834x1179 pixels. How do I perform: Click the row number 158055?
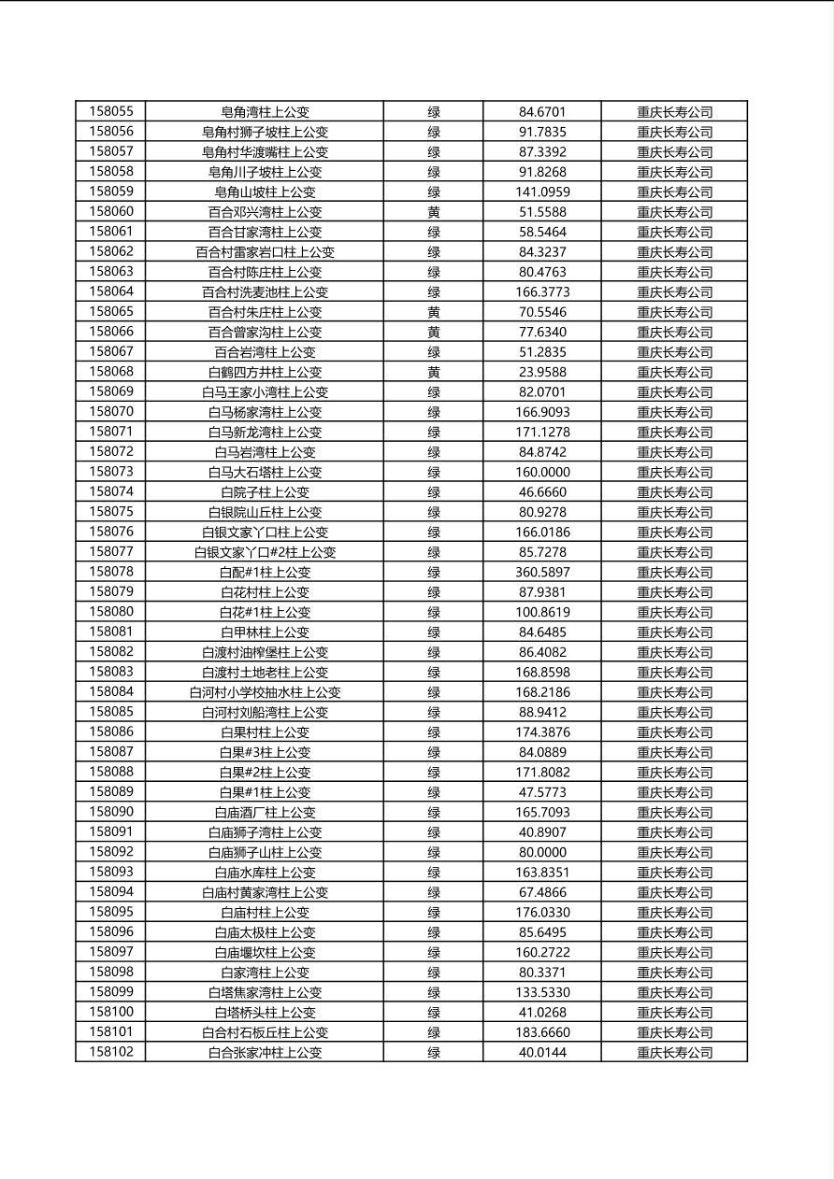[111, 111]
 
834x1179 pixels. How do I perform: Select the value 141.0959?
[542, 192]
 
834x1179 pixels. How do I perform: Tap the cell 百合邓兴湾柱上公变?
[265, 212]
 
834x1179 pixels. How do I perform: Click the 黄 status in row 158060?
[434, 212]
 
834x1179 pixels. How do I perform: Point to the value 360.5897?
[542, 572]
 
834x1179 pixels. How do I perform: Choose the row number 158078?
[111, 572]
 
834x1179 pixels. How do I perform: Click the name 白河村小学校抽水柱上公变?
[265, 692]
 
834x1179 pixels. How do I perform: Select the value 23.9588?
[542, 372]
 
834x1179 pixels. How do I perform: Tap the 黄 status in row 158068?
[434, 372]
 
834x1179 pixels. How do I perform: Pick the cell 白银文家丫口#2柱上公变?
[265, 552]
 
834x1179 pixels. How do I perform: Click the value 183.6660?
[542, 1032]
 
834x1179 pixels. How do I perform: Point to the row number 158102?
[111, 1052]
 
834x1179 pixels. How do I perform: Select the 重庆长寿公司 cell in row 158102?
[674, 1052]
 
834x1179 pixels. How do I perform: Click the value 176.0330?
[542, 912]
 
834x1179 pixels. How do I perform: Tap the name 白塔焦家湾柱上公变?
[265, 992]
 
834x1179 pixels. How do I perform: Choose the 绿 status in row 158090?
[434, 812]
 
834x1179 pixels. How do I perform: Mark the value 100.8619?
[542, 612]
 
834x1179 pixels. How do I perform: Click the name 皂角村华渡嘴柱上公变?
[265, 151]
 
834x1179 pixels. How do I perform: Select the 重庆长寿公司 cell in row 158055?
[674, 111]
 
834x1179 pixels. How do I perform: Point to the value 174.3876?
[542, 732]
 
